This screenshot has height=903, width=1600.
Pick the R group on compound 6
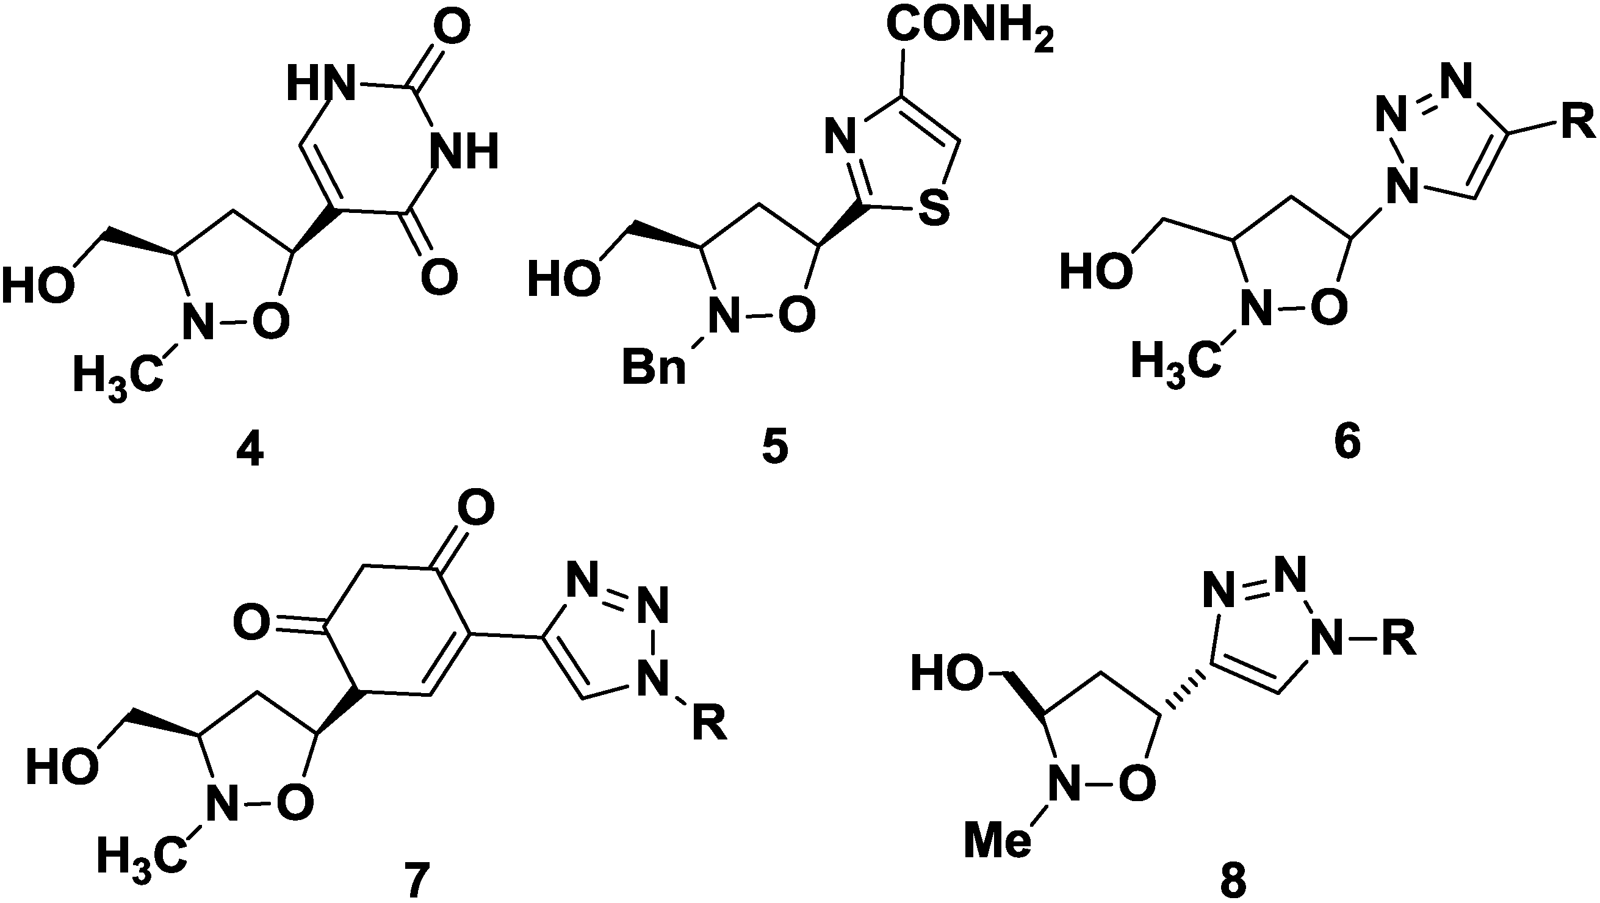[1577, 124]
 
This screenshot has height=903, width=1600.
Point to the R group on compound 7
[709, 722]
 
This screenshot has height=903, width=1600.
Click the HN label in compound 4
[321, 82]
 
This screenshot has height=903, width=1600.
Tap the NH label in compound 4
[466, 151]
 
